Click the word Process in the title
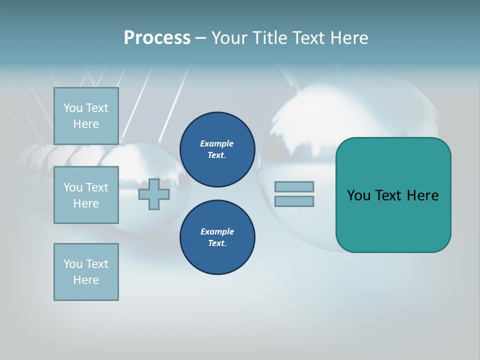coord(157,38)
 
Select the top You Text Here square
coord(86,116)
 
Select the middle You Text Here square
coord(86,195)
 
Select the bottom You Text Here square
coord(86,272)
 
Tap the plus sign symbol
coord(154,194)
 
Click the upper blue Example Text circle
coord(217,149)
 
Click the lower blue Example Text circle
coord(217,237)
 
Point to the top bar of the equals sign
coord(294,186)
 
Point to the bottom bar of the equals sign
coord(294,201)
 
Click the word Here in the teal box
coord(422,195)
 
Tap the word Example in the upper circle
coord(217,143)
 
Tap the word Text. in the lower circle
coord(217,243)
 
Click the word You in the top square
coord(73,108)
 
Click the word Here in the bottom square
coord(86,280)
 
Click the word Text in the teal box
coord(388,195)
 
